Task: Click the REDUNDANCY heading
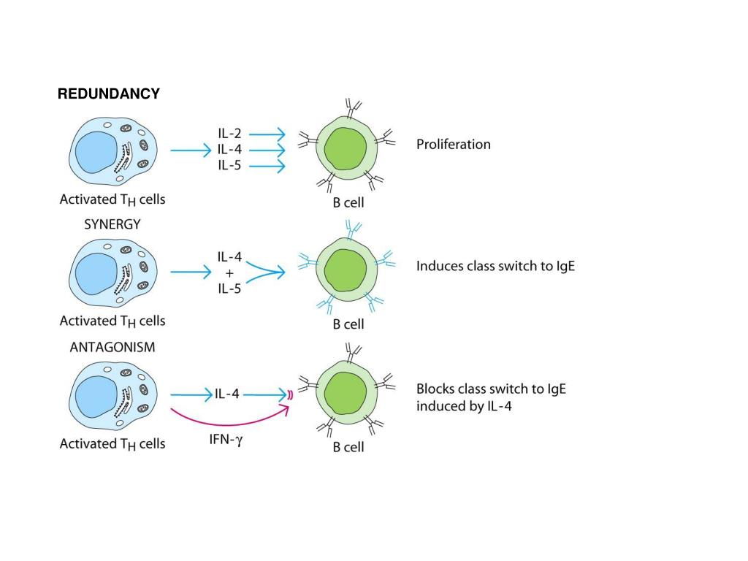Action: point(109,94)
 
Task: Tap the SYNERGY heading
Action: point(112,225)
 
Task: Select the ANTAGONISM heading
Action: point(112,348)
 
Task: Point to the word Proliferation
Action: point(453,144)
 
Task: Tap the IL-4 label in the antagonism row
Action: point(226,394)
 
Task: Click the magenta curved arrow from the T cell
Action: point(226,422)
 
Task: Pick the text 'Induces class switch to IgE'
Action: point(495,266)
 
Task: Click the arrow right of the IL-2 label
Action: point(270,134)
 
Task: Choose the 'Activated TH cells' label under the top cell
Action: point(112,199)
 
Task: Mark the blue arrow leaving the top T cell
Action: point(190,150)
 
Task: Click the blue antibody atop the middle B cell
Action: point(353,232)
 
